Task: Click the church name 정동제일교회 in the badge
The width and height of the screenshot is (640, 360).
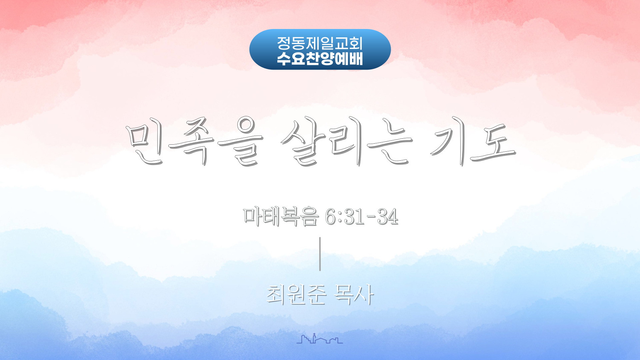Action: tap(320, 43)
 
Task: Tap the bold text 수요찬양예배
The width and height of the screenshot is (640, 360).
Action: tap(320, 58)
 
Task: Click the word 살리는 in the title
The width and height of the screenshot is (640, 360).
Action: tap(347, 142)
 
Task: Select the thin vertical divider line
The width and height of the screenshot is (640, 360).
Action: tap(320, 254)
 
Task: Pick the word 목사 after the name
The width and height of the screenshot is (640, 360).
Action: tap(354, 295)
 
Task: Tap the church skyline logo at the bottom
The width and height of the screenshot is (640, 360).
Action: tap(320, 338)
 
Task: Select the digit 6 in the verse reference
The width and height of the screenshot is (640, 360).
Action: tap(331, 217)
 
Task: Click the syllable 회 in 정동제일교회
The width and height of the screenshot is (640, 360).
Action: tap(355, 43)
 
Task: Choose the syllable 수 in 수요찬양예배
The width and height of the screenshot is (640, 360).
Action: tap(284, 58)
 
